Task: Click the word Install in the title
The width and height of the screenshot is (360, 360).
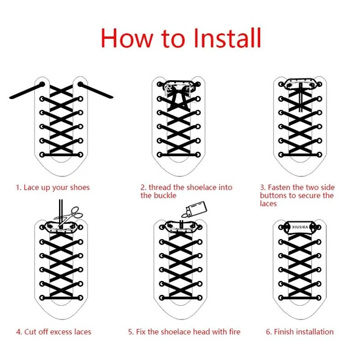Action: click(227, 38)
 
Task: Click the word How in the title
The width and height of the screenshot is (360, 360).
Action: click(126, 38)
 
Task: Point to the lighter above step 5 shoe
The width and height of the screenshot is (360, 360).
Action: click(194, 209)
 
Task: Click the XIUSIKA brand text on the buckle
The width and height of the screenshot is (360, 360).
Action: click(300, 227)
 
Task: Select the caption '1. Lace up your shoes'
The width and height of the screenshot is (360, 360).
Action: click(52, 187)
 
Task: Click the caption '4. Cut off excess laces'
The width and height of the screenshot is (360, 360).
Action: click(54, 332)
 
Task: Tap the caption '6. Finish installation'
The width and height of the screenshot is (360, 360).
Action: click(300, 332)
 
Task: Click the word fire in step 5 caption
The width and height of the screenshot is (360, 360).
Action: click(234, 331)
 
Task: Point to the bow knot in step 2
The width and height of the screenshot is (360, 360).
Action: click(180, 97)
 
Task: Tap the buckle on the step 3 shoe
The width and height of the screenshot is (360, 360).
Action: click(300, 84)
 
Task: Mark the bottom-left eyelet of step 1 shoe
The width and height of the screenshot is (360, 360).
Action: click(42, 154)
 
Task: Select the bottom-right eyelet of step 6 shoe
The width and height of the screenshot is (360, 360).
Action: click(319, 298)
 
